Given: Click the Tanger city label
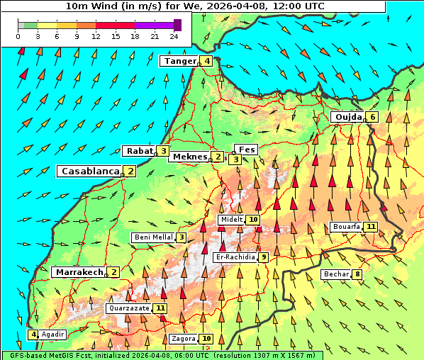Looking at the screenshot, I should tap(179, 61).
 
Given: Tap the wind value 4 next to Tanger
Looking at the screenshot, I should tap(206, 61).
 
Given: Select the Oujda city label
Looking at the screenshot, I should tap(348, 117).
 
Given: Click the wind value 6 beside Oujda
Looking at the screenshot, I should tap(372, 117).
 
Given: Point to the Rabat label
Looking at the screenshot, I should tap(139, 151).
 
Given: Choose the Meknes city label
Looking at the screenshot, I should tap(189, 157).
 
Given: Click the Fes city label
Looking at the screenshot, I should tap(247, 150).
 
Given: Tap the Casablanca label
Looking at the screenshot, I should tap(90, 171).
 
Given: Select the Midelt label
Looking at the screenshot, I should tap(231, 220).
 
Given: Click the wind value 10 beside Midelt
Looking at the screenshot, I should tap(253, 220).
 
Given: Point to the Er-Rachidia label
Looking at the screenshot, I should tap(235, 257).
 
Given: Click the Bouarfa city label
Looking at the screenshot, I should tap(345, 227).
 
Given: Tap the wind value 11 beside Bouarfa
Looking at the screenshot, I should tap(371, 227).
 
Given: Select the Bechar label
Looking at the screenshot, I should tap(335, 274).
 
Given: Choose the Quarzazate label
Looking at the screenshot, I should tap(128, 308).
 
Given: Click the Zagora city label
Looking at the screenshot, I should tap(184, 339).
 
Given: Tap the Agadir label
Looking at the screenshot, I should tap(52, 334).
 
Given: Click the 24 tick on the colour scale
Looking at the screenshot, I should tap(174, 35).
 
